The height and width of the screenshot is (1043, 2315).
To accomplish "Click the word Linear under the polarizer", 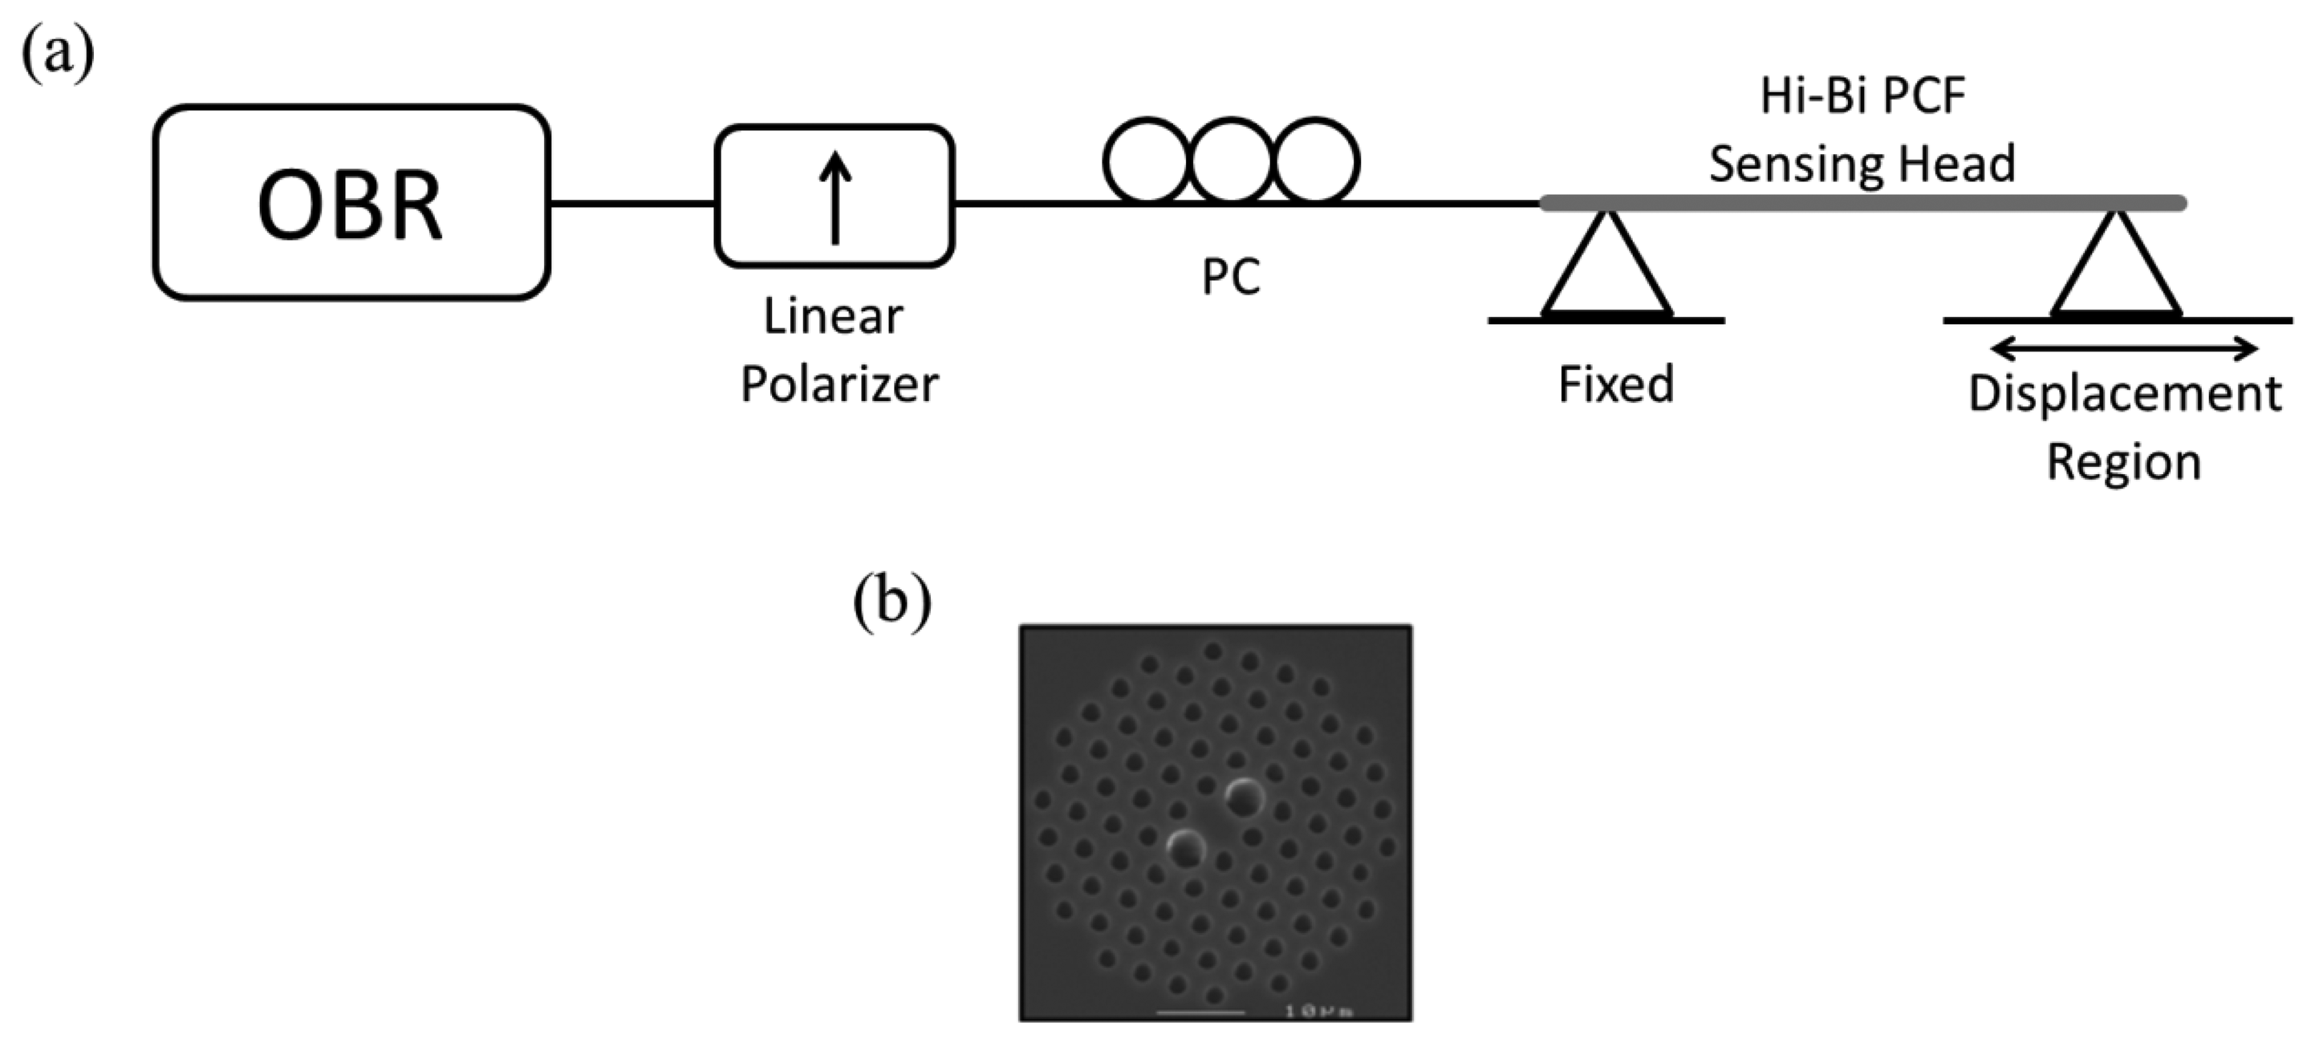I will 833,316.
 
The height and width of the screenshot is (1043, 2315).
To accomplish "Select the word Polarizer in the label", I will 839,384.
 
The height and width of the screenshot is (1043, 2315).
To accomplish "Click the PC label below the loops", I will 1230,278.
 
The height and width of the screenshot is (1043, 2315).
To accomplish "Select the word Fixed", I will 1616,384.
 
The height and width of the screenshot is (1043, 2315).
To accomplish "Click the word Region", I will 2123,463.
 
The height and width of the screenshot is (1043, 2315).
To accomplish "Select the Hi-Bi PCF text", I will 1862,96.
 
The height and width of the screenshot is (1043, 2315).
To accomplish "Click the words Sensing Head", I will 1862,164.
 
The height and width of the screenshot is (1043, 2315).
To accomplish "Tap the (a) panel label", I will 58,54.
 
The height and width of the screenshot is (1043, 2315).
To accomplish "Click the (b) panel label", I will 891,600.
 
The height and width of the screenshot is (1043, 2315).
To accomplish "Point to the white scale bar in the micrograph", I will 1200,1013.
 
